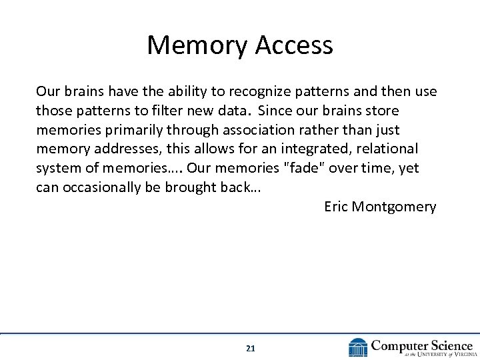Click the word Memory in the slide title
pos(191,45)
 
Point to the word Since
pos(277,110)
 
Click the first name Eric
pos(336,207)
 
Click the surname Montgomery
pos(394,207)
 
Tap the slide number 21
pos(250,348)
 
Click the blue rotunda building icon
pos(357,347)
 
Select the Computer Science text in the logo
pos(421,345)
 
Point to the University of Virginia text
pos(433,355)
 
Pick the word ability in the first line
pos(147,91)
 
